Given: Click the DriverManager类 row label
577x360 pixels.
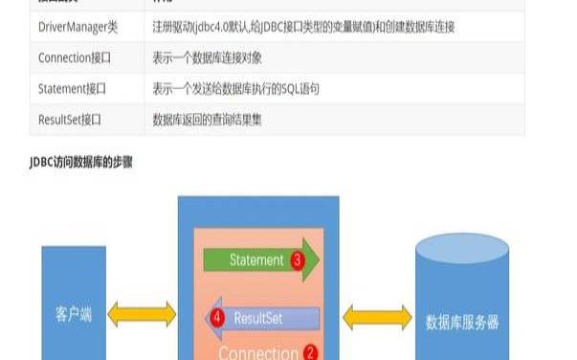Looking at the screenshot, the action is pyautogui.click(x=78, y=27).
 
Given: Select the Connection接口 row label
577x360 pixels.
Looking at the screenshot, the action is pyautogui.click(x=75, y=57).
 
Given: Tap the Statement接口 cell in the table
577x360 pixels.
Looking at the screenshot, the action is pyautogui.click(x=72, y=89).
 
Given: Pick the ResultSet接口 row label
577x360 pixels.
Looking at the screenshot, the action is pyautogui.click(x=70, y=120).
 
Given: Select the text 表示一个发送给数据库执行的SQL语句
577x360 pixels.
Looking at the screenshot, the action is pyautogui.click(x=235, y=89).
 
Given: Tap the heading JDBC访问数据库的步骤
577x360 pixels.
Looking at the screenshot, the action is pyautogui.click(x=80, y=163).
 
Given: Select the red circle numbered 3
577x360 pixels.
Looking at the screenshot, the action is pyautogui.click(x=298, y=259).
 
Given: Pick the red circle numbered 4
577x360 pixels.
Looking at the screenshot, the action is pyautogui.click(x=217, y=316).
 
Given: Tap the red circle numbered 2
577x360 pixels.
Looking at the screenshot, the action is pyautogui.click(x=310, y=352).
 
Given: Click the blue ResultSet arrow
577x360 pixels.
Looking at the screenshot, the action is pyautogui.click(x=264, y=316).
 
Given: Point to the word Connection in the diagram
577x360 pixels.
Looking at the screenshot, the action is pyautogui.click(x=258, y=352).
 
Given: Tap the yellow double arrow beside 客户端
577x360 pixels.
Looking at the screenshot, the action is pyautogui.click(x=142, y=314).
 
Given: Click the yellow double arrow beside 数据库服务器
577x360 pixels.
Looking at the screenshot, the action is pyautogui.click(x=377, y=315).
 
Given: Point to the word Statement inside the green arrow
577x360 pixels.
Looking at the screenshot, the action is pyautogui.click(x=256, y=259).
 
